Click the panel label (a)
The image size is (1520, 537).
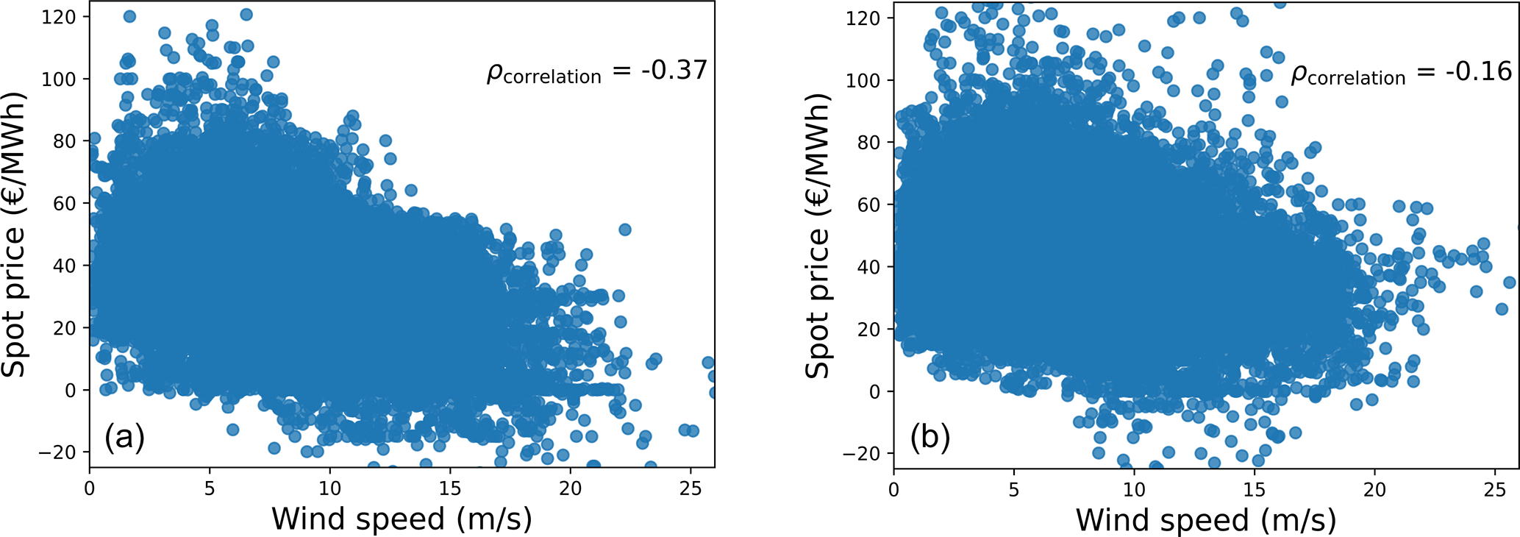coord(124,438)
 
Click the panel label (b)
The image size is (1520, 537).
coord(930,438)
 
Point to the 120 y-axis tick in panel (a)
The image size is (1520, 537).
coord(59,16)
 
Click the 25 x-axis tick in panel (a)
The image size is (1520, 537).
coord(690,488)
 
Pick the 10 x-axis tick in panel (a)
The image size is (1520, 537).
coord(329,488)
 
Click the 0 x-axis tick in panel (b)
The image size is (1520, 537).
coord(893,490)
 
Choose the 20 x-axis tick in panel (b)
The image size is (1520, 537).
coord(1374,490)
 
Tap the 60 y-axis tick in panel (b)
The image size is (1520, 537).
coord(868,205)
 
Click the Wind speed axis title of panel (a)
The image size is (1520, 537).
coord(402,519)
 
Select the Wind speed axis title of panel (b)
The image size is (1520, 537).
coord(1206,520)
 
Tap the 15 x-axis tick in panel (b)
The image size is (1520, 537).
coord(1254,490)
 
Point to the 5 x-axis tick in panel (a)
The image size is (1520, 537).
coord(210,488)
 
